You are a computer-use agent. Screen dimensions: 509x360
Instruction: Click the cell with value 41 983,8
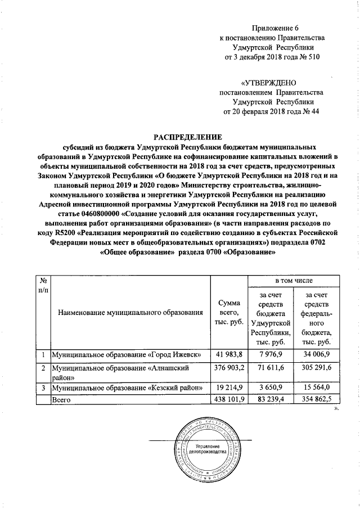click(x=228, y=355)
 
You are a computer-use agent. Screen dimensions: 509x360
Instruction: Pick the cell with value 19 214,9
click(x=228, y=388)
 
